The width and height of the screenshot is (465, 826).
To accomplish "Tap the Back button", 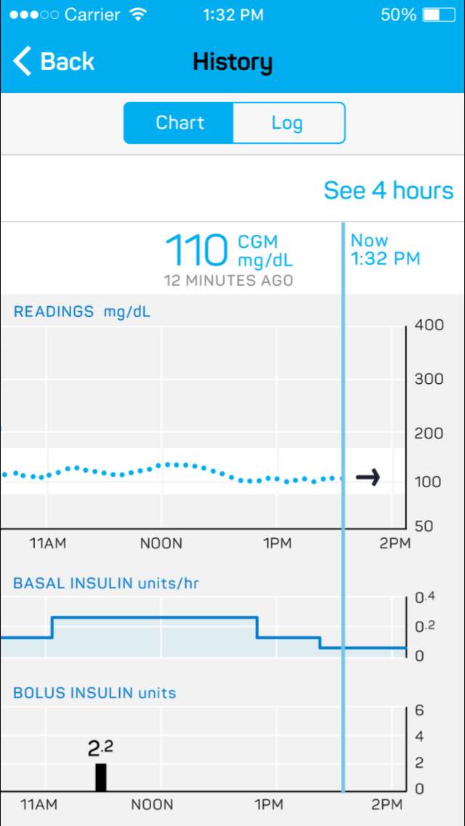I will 54,62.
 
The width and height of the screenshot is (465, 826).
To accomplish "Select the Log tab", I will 287,123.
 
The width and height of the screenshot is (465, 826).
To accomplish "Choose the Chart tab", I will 179,123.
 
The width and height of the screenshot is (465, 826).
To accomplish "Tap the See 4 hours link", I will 388,191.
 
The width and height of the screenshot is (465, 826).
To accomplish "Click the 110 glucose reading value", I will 197,252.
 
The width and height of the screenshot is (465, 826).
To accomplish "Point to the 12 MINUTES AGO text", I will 228,281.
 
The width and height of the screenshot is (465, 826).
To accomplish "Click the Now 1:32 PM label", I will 385,249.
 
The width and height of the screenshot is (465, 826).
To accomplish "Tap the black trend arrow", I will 368,478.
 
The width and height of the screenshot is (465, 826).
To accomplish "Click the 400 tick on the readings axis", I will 429,325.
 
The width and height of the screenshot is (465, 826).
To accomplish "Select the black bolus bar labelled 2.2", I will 101,777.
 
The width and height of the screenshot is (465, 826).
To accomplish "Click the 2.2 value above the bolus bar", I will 100,748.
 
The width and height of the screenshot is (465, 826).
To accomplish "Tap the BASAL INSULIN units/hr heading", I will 106,583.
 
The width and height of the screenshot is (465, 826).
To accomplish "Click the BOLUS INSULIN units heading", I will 94,693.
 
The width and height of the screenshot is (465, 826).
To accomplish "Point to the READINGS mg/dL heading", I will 82,312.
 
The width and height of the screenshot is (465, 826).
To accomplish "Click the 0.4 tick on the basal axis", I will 425,598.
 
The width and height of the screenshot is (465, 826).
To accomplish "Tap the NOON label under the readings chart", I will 161,543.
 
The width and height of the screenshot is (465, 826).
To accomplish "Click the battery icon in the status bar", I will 438,15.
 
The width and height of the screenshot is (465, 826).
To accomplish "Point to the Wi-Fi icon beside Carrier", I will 137,15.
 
